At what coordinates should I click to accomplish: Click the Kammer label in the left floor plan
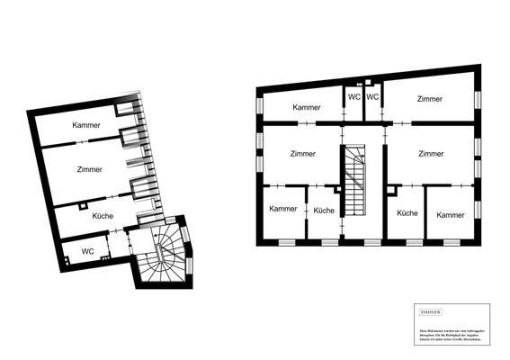86,125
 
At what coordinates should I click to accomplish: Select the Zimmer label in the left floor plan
89,169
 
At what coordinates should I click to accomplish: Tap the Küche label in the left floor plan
102,215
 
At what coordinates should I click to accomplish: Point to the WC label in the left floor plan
88,250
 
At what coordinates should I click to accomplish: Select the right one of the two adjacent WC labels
372,97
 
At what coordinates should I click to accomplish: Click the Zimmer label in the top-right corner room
429,98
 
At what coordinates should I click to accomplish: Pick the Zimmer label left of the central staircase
303,154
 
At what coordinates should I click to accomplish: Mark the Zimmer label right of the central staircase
431,154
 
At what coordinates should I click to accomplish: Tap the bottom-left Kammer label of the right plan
282,209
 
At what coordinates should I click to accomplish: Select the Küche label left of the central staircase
324,210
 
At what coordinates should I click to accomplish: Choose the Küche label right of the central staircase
407,213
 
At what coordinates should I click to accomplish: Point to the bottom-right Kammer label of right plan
450,215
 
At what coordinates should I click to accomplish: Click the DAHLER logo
431,311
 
